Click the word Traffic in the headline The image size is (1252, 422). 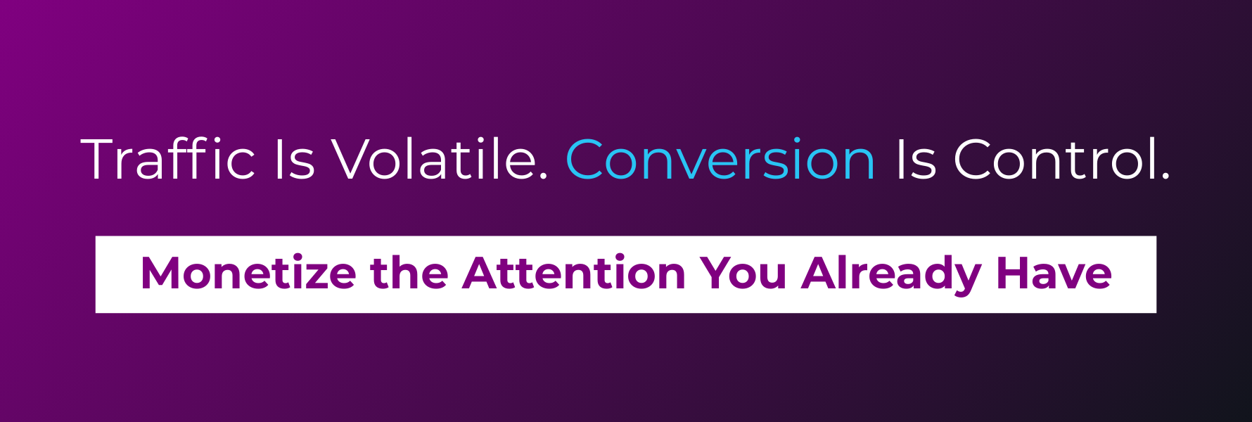tap(168, 160)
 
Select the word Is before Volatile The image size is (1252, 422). tap(294, 160)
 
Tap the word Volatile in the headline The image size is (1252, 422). tap(433, 160)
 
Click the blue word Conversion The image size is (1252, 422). tap(720, 160)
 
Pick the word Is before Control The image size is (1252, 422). tap(916, 160)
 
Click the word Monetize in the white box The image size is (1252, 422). tap(248, 273)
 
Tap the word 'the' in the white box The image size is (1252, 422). tap(409, 273)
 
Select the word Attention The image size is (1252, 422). tap(574, 273)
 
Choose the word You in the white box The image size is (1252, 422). tap(743, 273)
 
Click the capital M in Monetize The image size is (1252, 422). tap(160, 273)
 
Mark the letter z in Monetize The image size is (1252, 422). tap(311, 276)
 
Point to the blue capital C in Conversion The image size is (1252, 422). tap(586, 160)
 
